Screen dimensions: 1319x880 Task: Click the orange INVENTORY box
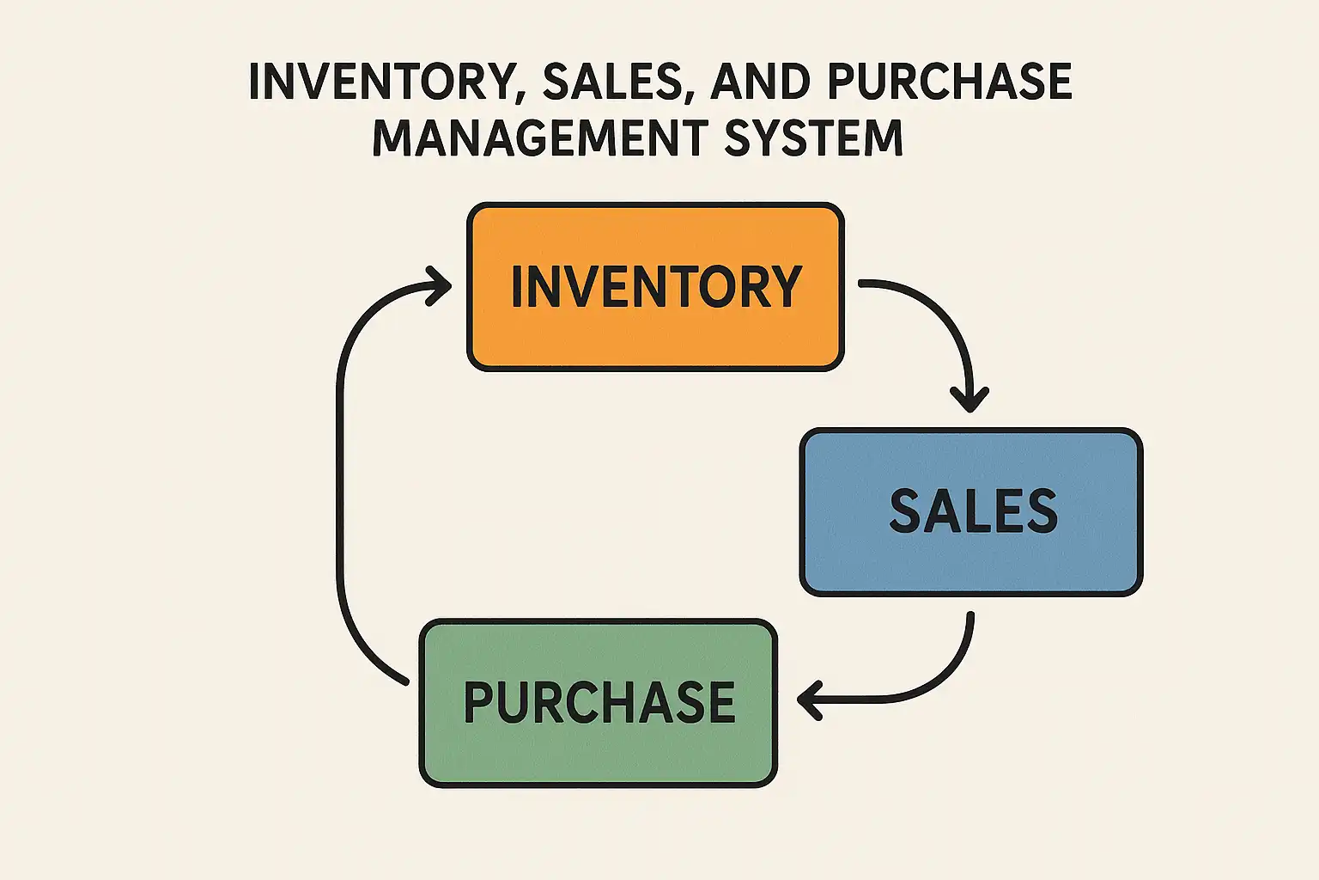(655, 287)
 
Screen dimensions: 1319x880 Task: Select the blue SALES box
(971, 511)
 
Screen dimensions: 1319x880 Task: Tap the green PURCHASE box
(599, 703)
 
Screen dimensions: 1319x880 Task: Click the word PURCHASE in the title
(950, 81)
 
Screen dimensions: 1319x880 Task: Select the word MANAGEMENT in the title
(540, 137)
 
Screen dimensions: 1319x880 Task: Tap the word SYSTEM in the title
(813, 137)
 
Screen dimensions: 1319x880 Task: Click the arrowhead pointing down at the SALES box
(969, 400)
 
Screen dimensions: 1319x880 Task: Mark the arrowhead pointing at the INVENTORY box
(439, 286)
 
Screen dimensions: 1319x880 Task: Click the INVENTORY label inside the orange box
(656, 286)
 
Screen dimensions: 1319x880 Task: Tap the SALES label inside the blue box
(973, 510)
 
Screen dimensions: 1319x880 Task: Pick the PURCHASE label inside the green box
(599, 702)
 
